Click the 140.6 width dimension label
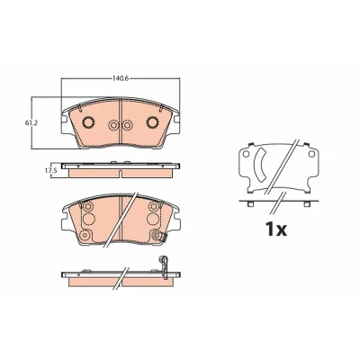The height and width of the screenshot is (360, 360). click(x=121, y=79)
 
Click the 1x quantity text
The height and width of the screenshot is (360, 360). click(x=276, y=229)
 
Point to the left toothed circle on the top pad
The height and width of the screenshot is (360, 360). click(x=88, y=122)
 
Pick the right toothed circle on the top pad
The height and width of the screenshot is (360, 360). click(x=153, y=122)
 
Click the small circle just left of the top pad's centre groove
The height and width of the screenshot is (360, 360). click(x=113, y=125)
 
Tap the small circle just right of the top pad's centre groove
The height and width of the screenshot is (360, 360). click(x=127, y=125)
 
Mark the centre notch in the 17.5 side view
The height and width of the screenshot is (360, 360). click(x=121, y=174)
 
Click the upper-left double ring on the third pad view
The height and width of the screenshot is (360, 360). click(x=88, y=206)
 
